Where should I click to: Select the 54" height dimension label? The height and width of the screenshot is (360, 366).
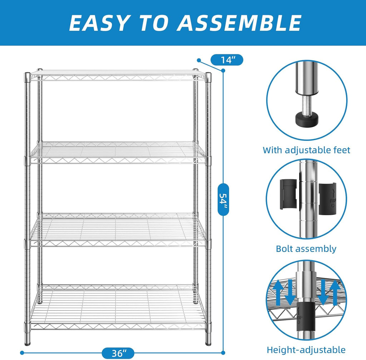tap(223, 199)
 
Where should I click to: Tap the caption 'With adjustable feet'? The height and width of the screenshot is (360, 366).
tap(306, 150)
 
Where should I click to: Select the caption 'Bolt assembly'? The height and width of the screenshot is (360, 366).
tap(306, 248)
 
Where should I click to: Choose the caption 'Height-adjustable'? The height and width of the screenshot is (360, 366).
tap(306, 350)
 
